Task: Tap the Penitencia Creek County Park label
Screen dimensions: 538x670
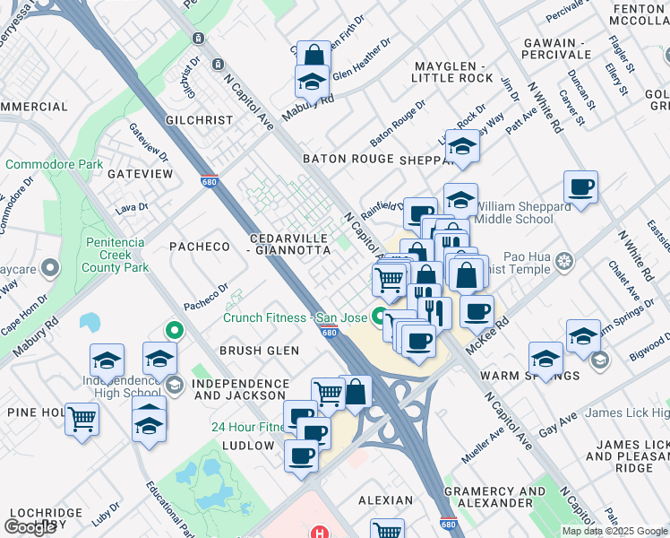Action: point(116,254)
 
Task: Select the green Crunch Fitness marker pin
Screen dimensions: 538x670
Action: point(380,317)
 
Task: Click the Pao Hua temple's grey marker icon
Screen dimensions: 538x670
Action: point(563,262)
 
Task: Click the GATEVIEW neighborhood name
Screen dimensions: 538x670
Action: point(140,173)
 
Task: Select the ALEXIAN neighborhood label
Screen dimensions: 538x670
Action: point(386,500)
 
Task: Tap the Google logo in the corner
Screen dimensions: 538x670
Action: point(30,526)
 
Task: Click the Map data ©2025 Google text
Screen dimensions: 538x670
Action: point(614,531)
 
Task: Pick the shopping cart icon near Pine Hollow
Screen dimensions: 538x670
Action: point(82,417)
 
